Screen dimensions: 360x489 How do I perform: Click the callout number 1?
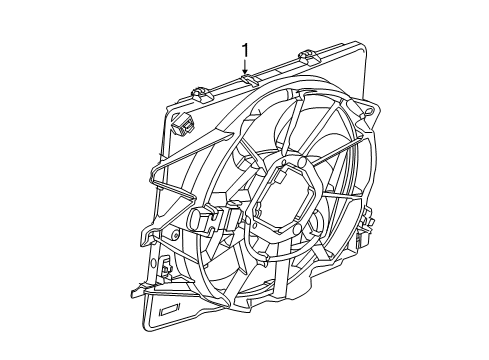244,49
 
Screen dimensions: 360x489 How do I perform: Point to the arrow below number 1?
244,66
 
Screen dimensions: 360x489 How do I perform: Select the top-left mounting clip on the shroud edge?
199,93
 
